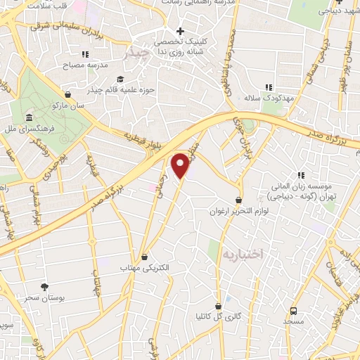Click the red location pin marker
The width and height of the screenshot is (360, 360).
pyautogui.click(x=181, y=165)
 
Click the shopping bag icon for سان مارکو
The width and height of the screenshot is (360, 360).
pyautogui.click(x=67, y=94)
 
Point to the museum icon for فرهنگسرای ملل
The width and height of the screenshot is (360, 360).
pyautogui.click(x=29, y=117)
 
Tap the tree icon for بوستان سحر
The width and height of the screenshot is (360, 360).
pyautogui.click(x=45, y=287)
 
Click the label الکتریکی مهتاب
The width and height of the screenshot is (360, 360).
pyautogui.click(x=145, y=269)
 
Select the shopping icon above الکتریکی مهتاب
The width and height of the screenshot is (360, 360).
pyautogui.click(x=145, y=257)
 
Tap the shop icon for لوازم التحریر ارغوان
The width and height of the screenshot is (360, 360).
pyautogui.click(x=239, y=200)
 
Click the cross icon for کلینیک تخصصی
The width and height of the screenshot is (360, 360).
pyautogui.click(x=181, y=31)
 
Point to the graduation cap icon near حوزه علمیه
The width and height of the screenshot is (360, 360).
pyautogui.click(x=120, y=79)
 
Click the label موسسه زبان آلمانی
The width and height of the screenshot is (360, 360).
pyautogui.click(x=304, y=186)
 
